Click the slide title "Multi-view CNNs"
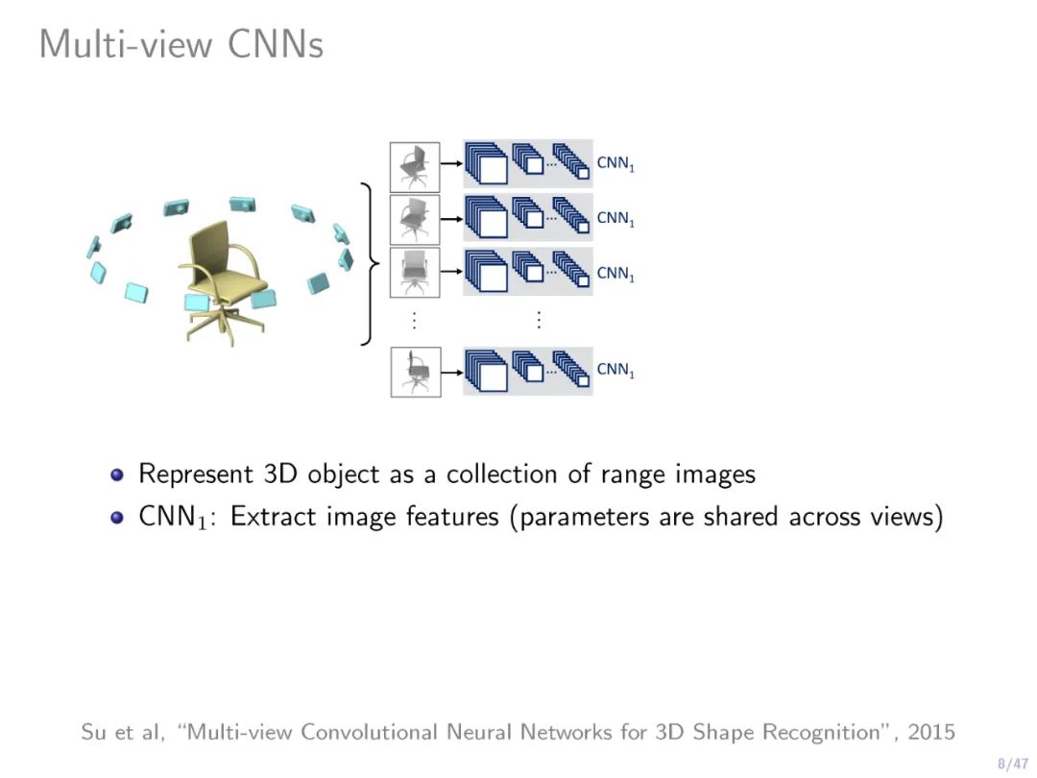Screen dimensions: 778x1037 click(181, 44)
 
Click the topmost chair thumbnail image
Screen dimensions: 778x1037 click(415, 166)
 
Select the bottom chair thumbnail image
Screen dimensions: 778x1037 click(415, 372)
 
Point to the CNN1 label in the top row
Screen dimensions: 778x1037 click(615, 164)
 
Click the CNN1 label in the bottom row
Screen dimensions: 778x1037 click(615, 370)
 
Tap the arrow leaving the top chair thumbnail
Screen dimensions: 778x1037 click(451, 164)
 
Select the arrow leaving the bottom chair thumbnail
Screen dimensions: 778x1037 click(451, 370)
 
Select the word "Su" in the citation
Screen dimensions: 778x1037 click(93, 732)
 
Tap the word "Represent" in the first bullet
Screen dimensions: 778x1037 click(197, 474)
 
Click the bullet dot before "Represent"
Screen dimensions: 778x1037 click(117, 474)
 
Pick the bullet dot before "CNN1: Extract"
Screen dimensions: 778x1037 click(117, 517)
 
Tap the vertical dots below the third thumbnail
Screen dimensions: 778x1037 click(414, 321)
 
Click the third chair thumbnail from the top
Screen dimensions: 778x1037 click(415, 272)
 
